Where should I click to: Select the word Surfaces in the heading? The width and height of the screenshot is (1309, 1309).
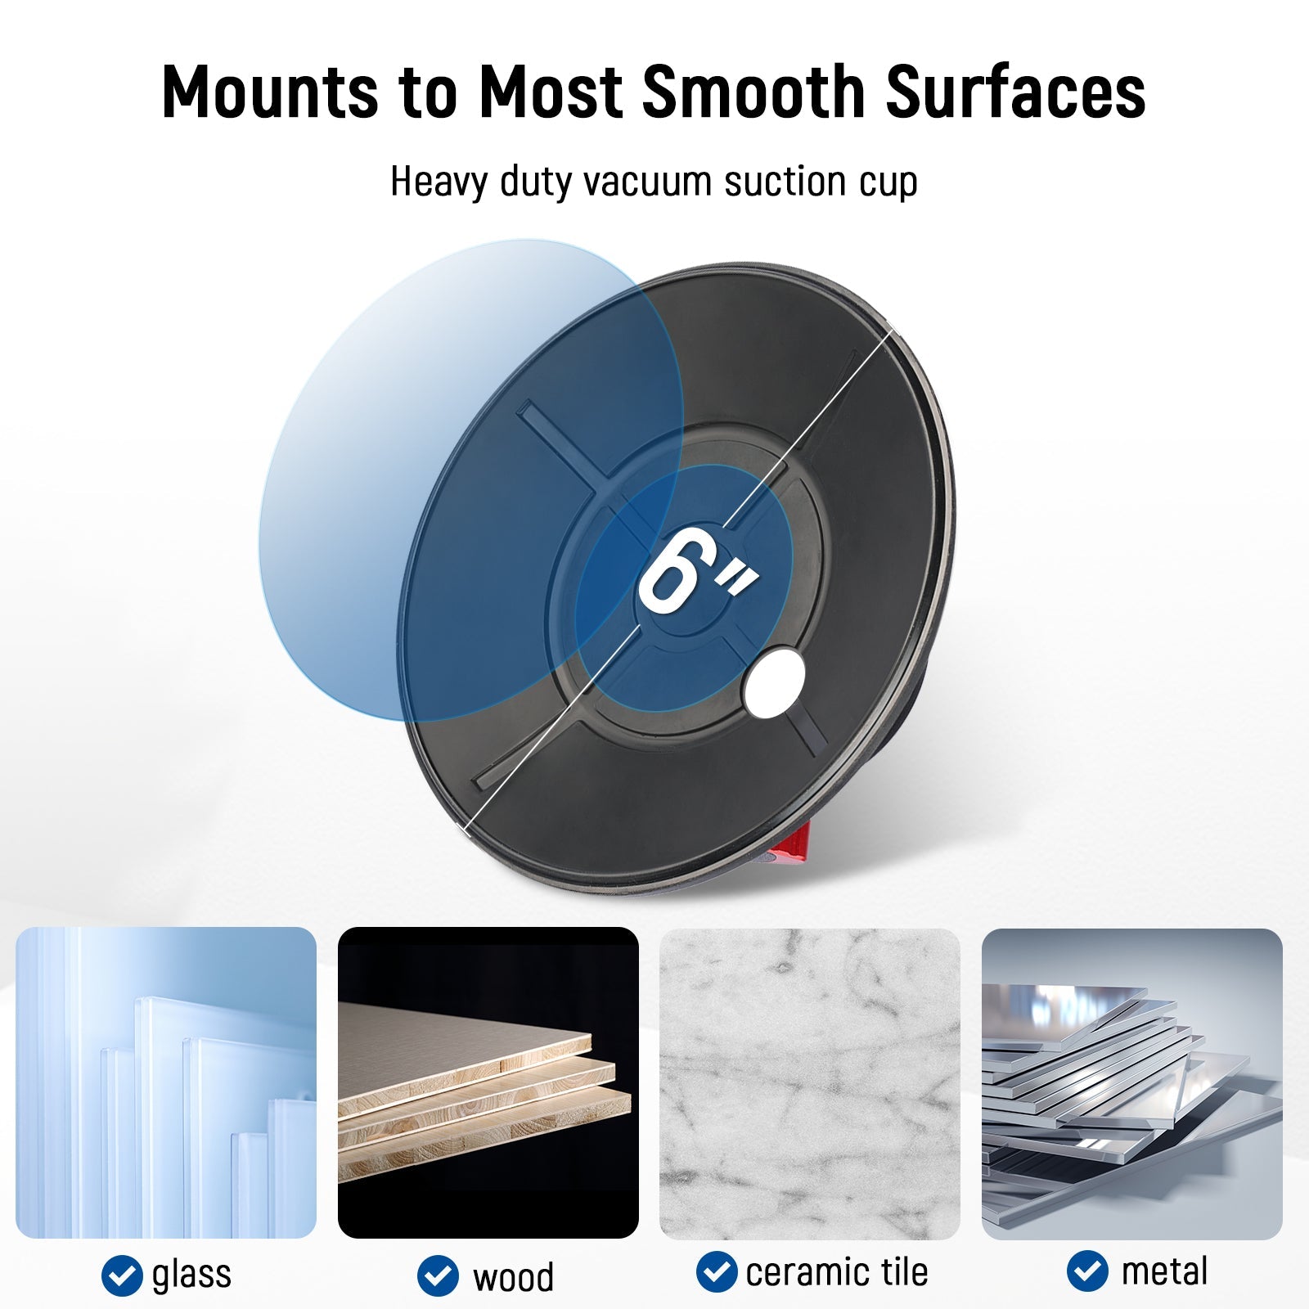[1015, 91]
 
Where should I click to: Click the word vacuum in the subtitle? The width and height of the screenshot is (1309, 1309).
[646, 181]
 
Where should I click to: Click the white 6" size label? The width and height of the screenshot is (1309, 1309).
[696, 570]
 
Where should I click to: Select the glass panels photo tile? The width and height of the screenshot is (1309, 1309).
[166, 1082]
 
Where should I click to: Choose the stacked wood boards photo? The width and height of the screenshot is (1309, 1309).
[488, 1082]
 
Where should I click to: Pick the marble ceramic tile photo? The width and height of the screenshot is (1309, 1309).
[809, 1083]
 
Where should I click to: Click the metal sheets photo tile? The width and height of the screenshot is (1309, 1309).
[1131, 1083]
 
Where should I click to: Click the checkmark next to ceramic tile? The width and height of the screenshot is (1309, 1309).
[717, 1272]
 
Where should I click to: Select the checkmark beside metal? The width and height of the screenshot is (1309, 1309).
[1087, 1272]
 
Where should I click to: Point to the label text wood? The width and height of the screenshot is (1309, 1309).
[513, 1277]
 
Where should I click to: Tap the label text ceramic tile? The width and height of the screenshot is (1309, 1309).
[837, 1272]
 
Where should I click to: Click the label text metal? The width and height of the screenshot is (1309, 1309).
[1164, 1272]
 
